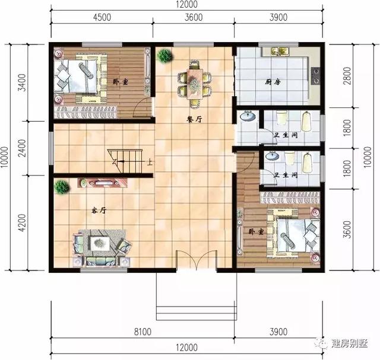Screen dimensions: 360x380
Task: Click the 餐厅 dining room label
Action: (194, 119)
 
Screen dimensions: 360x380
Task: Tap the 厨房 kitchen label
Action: (273, 82)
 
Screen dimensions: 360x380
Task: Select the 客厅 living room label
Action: (99, 211)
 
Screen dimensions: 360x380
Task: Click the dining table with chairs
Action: (194, 82)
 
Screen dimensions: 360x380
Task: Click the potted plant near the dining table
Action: (164, 56)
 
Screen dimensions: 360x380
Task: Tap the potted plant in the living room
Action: (62, 187)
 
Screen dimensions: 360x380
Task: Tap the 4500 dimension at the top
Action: (102, 17)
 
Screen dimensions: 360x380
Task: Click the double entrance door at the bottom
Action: (196, 260)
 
